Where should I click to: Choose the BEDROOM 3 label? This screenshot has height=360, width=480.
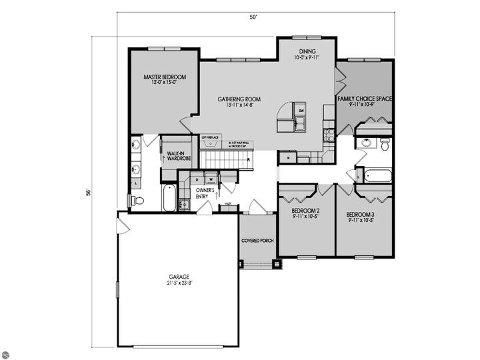363,215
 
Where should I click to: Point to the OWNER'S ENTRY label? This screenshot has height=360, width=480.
204,193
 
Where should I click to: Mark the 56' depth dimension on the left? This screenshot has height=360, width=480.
88,192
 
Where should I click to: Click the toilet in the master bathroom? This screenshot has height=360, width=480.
138,200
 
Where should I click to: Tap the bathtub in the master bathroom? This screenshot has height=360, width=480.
169,198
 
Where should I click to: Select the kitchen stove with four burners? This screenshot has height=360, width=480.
328,134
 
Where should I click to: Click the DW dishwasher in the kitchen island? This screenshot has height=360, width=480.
301,110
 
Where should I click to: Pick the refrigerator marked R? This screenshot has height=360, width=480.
288,158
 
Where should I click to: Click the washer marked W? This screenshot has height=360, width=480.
211,179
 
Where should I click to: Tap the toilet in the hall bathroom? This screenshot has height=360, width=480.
385,144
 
